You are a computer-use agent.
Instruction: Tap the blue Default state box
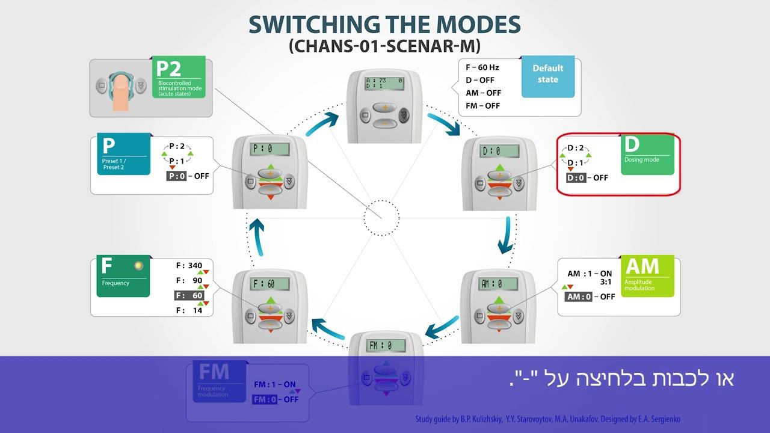pyautogui.click(x=548, y=76)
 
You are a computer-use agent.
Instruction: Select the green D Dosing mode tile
pyautogui.click(x=647, y=155)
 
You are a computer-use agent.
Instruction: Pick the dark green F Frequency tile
pyautogui.click(x=123, y=277)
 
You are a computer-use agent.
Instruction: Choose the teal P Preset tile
pyautogui.click(x=123, y=154)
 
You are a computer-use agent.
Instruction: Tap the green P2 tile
pyautogui.click(x=180, y=77)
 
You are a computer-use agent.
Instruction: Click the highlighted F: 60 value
pyautogui.click(x=189, y=295)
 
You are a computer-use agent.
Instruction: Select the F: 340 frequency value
pyautogui.click(x=189, y=265)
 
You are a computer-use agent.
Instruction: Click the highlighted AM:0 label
pyautogui.click(x=578, y=296)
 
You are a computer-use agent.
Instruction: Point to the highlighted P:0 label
pyautogui.click(x=179, y=176)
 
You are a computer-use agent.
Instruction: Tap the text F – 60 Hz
pyautogui.click(x=482, y=67)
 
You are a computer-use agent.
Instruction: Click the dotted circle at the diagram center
pyautogui.click(x=381, y=217)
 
